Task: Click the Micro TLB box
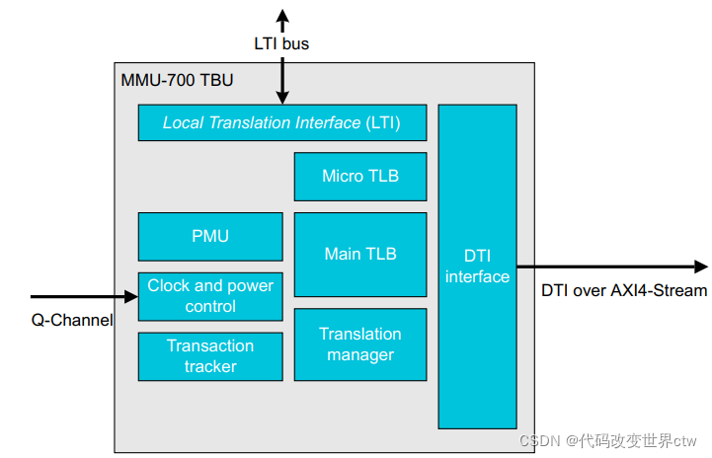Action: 360,177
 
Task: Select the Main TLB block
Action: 360,254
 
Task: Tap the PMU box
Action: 210,236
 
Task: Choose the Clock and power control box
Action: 210,296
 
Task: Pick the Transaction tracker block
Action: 210,356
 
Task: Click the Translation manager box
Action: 360,344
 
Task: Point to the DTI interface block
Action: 477,267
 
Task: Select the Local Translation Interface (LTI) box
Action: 281,122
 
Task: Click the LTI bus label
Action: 281,44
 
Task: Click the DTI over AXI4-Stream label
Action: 624,290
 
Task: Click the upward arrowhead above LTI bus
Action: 282,15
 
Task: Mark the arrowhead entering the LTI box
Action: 282,98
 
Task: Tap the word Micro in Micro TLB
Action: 343,177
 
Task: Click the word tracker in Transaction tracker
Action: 210,366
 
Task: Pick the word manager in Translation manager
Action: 360,354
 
